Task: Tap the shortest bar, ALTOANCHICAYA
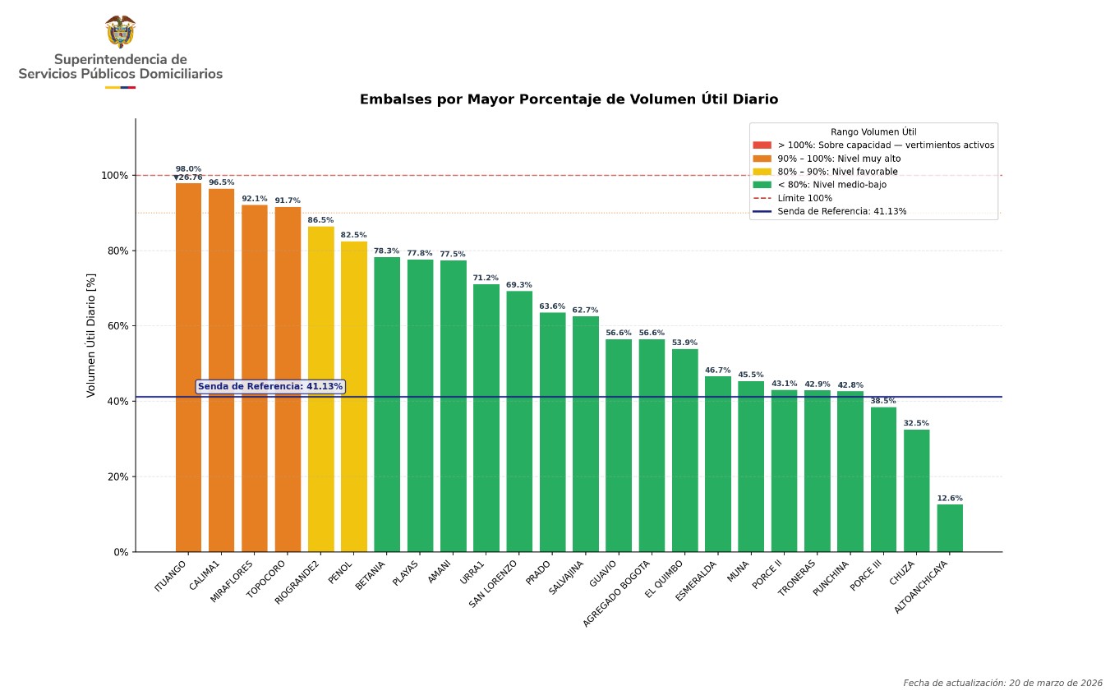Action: pos(950,527)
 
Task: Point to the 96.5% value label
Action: pos(221,182)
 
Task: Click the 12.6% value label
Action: pos(950,499)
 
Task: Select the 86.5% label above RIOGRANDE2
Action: pos(320,220)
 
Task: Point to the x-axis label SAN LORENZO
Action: pos(494,583)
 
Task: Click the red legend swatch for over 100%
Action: pos(762,145)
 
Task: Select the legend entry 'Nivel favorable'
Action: pos(837,172)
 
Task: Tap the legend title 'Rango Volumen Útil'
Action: pos(873,131)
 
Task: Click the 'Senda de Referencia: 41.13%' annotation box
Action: pos(269,386)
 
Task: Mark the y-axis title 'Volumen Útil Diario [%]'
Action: pos(91,335)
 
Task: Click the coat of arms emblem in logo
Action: pos(120,31)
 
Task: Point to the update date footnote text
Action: pos(1002,683)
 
